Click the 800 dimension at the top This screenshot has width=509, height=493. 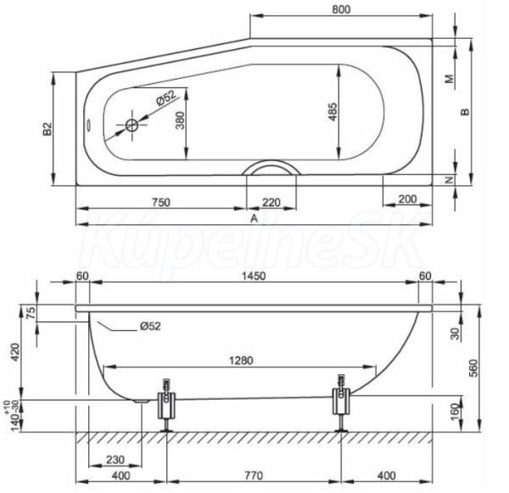coord(341,9)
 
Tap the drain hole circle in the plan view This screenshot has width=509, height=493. coord(131,125)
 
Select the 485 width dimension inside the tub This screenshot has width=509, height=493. coord(333,112)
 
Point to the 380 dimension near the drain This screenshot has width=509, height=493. coord(180,120)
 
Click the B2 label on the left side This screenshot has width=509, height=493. coord(48,129)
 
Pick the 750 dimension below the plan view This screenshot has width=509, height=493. coord(161,202)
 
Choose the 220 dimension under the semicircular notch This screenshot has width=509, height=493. coord(271,203)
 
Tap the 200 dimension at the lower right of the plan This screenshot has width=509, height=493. coord(407,199)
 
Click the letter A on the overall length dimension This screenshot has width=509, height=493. coord(255,218)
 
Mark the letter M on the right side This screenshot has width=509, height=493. coord(450,79)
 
